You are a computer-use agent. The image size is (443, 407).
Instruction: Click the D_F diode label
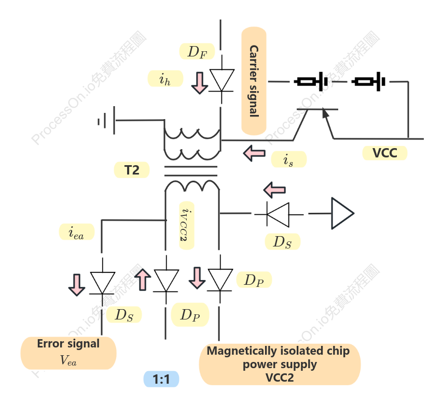(x=197, y=51)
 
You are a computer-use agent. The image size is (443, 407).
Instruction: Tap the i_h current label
(x=165, y=78)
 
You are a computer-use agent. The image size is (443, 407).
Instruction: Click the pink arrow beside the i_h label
(x=200, y=83)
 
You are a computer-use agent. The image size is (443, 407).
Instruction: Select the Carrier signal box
(x=254, y=81)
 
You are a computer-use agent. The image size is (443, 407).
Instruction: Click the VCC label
(x=385, y=153)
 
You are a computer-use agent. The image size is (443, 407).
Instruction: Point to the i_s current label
(x=289, y=159)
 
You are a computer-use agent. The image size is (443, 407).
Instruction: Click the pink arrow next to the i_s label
(x=254, y=153)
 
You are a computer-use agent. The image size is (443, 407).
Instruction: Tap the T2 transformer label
(x=132, y=170)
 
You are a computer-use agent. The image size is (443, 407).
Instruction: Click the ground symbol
(x=107, y=121)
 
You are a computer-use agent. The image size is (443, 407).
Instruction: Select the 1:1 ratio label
(x=161, y=379)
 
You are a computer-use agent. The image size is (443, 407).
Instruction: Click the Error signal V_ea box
(x=68, y=353)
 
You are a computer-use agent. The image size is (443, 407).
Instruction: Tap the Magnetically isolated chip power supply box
(x=280, y=364)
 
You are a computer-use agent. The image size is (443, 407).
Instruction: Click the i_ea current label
(x=77, y=232)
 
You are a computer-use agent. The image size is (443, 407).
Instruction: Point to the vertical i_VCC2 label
(x=187, y=225)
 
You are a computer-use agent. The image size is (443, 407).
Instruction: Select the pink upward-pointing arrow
(x=142, y=280)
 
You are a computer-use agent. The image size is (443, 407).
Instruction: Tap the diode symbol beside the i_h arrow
(x=222, y=80)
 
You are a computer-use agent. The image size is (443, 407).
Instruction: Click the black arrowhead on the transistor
(x=325, y=113)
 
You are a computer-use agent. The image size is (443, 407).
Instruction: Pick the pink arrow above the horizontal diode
(x=274, y=190)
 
